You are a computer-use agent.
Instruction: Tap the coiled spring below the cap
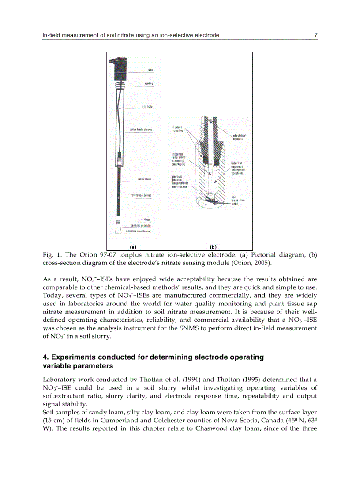[x=118, y=85]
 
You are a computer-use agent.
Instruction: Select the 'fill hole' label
[x=147, y=107]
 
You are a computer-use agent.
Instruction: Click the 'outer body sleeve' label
[x=141, y=130]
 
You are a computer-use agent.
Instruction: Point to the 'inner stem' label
[x=144, y=179]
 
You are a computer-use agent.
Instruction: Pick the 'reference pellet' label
[x=141, y=195]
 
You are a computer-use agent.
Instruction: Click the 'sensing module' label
[x=140, y=225]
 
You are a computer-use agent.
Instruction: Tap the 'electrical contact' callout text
[x=240, y=137]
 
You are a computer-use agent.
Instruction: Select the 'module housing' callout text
[x=177, y=129]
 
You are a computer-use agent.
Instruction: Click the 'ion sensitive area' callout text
[x=238, y=200]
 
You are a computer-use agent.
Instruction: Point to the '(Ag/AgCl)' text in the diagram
[x=179, y=164]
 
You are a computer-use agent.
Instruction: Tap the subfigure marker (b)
[x=213, y=247]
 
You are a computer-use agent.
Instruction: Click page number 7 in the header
[x=315, y=35]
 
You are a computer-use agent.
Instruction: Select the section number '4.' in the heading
[x=45, y=357]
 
